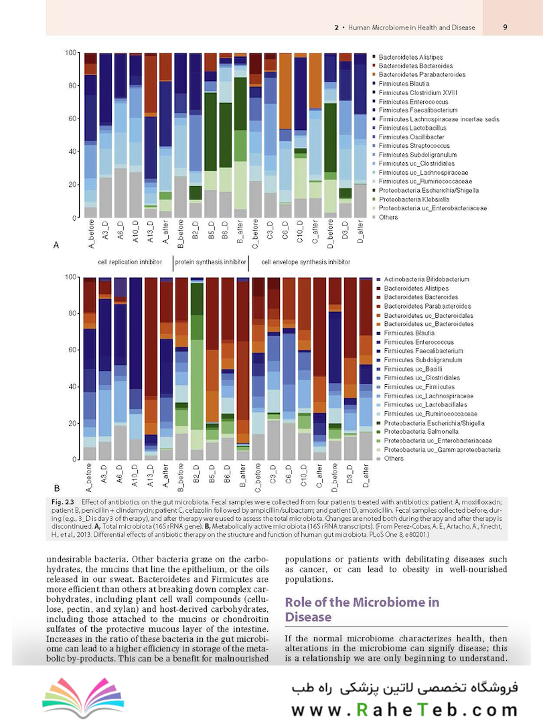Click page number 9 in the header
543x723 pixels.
505,27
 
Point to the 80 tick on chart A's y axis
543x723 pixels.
72,85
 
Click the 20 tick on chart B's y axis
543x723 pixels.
72,423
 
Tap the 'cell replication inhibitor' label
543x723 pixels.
130,262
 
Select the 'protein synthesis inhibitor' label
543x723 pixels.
210,262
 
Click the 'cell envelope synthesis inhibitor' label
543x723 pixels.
305,262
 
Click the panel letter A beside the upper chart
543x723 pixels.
56,245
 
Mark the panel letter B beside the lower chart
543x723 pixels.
57,488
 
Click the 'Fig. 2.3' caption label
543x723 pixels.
63,501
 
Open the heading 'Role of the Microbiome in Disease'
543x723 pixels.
362,610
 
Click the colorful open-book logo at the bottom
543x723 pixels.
83,697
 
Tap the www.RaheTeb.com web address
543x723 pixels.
404,710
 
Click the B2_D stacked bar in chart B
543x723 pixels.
197,369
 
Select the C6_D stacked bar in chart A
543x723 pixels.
285,135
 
